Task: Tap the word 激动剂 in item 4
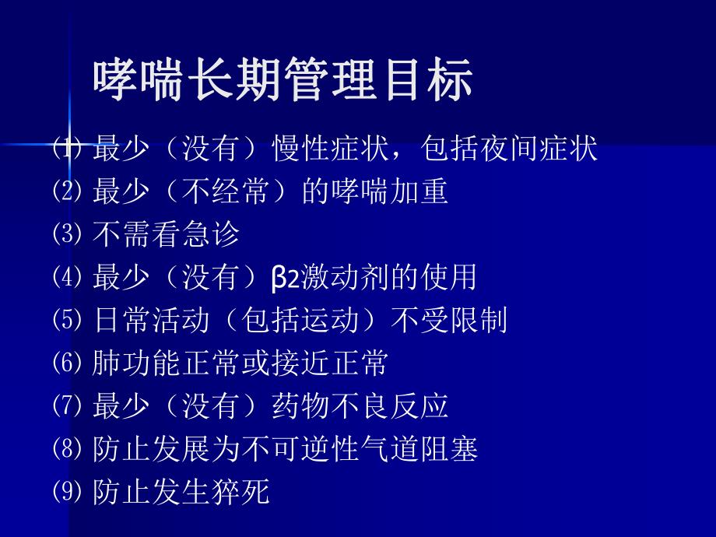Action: coord(344,277)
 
